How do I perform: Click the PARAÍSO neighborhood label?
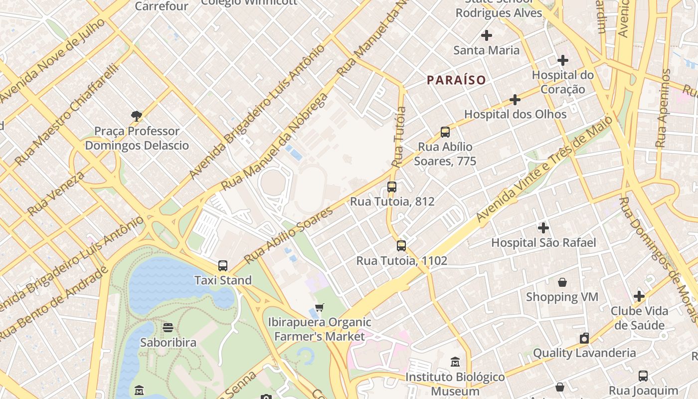click(x=456, y=80)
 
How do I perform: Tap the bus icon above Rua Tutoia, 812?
click(x=392, y=187)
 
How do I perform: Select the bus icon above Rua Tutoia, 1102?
click(x=401, y=246)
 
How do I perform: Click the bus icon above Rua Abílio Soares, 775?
click(x=445, y=132)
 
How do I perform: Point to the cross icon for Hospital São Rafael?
click(x=543, y=228)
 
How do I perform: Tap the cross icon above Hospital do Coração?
click(x=563, y=61)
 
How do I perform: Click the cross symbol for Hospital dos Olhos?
click(x=515, y=100)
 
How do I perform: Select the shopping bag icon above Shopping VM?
click(x=562, y=282)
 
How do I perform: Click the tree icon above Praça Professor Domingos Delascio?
click(x=137, y=117)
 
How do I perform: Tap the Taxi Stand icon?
click(x=223, y=266)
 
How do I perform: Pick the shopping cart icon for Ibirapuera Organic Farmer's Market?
click(x=320, y=307)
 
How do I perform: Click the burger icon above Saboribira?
click(x=168, y=328)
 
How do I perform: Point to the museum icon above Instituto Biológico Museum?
click(x=455, y=362)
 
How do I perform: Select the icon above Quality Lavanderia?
click(x=584, y=338)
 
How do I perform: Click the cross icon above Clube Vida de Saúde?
click(x=639, y=296)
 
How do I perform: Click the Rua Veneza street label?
click(x=56, y=194)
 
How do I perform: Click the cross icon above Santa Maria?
click(x=487, y=35)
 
